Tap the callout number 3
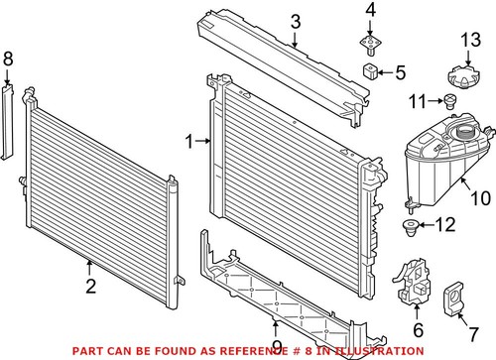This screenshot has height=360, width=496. coord(296,22)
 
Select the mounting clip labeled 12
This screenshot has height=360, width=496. coord(409,231)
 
